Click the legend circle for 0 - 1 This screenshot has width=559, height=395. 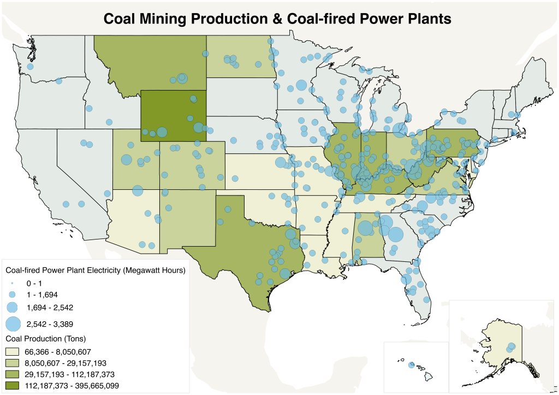tap(13, 284)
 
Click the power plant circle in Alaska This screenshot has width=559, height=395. tap(512, 346)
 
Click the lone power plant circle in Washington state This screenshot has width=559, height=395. tap(31, 66)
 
